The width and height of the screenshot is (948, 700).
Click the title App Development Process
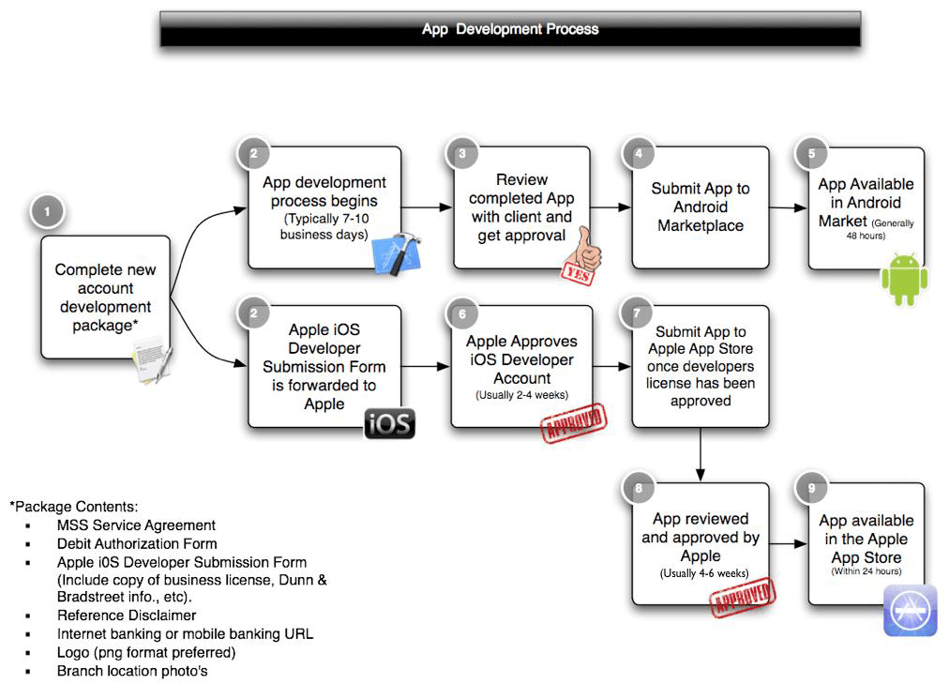(510, 29)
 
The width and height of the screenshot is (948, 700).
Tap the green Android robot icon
(904, 279)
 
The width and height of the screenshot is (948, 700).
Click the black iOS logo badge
(389, 424)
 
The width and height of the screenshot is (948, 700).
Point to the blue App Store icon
(910, 610)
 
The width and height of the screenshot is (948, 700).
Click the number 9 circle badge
(811, 489)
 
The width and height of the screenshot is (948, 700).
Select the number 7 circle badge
(639, 312)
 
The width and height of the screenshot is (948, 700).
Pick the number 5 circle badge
(811, 154)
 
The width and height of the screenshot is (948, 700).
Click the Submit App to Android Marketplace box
(700, 207)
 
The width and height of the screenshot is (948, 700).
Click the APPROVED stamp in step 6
(571, 422)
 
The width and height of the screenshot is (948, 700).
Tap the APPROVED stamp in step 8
(744, 598)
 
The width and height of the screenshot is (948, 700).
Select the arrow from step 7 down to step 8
(700, 456)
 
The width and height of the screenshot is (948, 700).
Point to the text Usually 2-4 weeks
(521, 396)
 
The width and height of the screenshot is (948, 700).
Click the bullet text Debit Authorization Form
(137, 543)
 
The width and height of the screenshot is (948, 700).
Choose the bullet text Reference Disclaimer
(127, 616)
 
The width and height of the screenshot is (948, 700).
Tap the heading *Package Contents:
(74, 506)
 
